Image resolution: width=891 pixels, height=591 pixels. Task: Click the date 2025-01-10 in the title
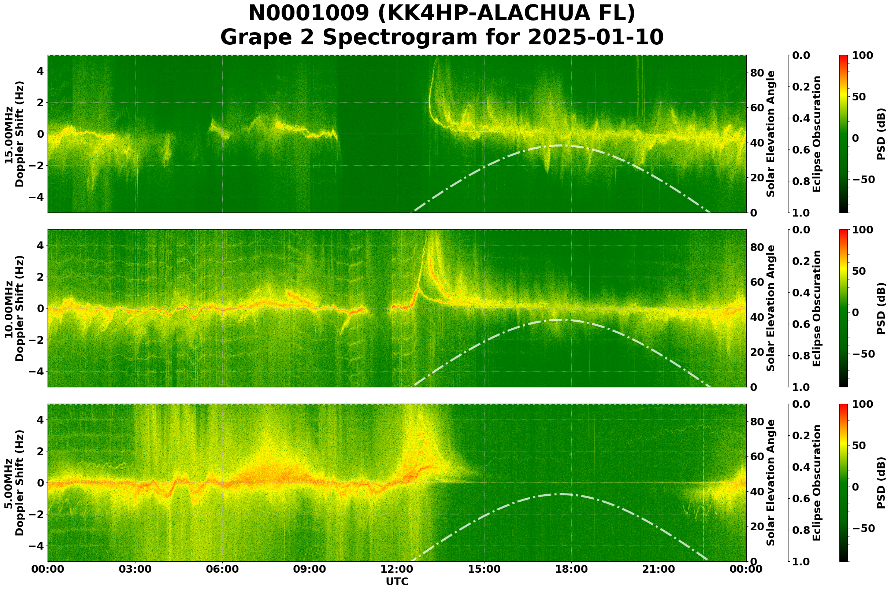(x=595, y=37)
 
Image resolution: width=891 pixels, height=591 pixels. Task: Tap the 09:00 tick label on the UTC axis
(x=310, y=569)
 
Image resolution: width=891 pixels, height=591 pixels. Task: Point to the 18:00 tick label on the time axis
(x=571, y=569)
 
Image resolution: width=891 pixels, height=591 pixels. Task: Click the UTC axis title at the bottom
(x=397, y=581)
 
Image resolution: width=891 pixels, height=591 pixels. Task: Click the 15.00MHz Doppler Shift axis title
(x=14, y=134)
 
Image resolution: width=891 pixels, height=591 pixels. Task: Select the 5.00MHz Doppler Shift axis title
(x=14, y=483)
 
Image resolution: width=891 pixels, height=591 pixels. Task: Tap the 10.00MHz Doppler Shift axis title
(x=14, y=308)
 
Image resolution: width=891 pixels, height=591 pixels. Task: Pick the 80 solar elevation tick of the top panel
(x=757, y=73)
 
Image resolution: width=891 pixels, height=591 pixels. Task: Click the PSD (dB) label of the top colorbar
(x=881, y=134)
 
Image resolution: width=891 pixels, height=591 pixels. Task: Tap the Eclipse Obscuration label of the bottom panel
(x=816, y=483)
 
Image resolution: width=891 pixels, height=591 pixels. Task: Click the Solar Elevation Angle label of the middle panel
(x=771, y=308)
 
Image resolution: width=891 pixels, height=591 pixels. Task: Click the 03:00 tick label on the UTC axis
(x=135, y=569)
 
